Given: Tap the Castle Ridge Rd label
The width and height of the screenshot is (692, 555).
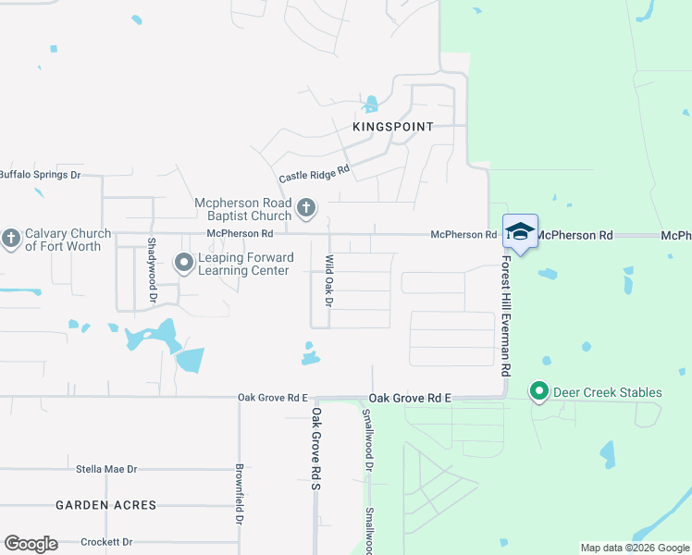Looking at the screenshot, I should point(315,173).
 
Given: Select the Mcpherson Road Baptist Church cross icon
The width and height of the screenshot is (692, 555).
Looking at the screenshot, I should point(307,208).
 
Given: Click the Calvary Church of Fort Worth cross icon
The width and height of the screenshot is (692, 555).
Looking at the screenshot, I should point(11,240).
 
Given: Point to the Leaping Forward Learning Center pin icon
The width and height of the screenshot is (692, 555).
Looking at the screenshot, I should point(184,264).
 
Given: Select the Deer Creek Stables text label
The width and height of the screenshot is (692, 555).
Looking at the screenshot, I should point(608,392).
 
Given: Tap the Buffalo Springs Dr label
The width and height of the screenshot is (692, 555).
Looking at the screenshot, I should point(40,175).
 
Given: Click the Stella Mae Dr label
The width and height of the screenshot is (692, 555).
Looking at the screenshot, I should point(106,469).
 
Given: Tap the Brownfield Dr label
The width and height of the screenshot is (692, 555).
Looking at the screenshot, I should point(240,495).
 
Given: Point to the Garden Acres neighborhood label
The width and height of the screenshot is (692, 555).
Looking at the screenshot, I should point(105,505).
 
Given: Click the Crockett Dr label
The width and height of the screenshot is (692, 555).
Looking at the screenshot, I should point(106,542).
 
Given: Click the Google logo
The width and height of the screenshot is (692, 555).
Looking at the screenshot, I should point(31,544).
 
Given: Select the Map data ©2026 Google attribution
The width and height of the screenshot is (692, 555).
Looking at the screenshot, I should point(635,548).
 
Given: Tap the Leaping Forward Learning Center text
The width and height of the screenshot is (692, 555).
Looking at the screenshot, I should point(245,264).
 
